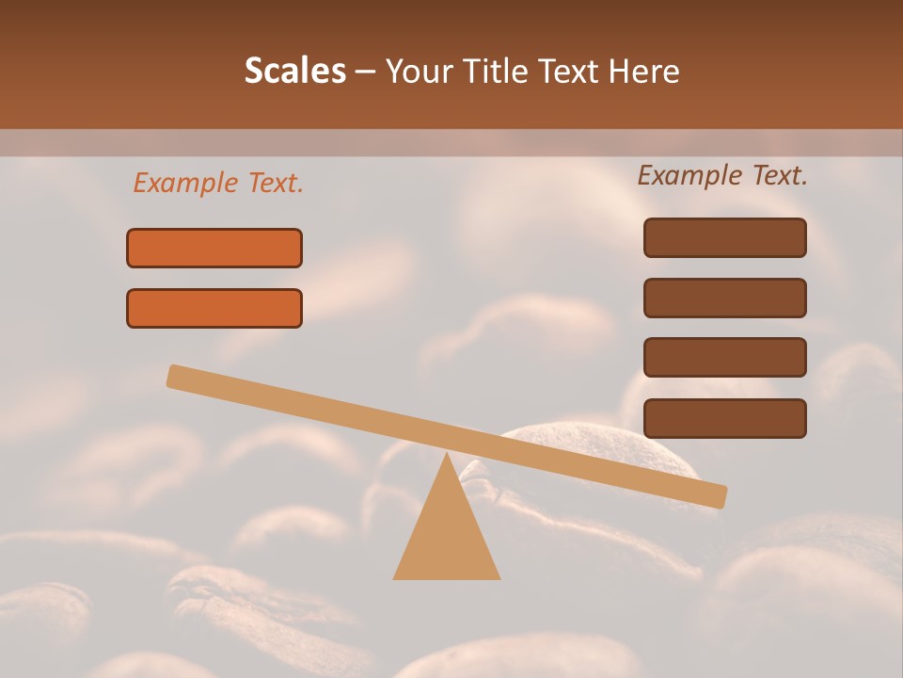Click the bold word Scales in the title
tap(294, 71)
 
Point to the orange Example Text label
tap(218, 184)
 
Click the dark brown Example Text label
tap(722, 175)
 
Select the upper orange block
tap(214, 248)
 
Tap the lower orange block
tap(214, 308)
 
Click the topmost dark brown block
tap(724, 237)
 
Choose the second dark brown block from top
tap(724, 298)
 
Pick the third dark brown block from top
tap(724, 357)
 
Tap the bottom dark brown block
tap(724, 418)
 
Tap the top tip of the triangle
tap(447, 456)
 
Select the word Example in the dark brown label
tap(688, 175)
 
